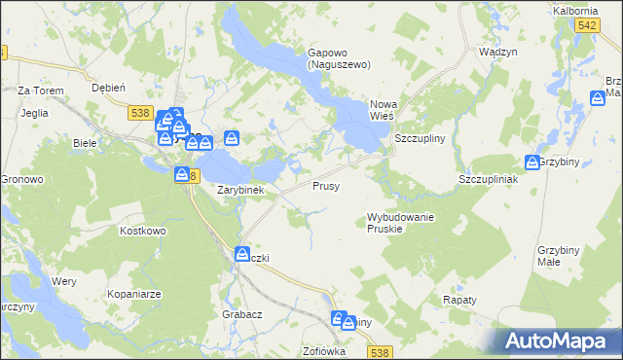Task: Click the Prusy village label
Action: [x=326, y=185]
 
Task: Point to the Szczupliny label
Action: [x=420, y=138]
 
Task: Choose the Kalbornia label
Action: [x=574, y=10]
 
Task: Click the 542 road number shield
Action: [x=586, y=29]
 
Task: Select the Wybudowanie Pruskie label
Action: [x=400, y=222]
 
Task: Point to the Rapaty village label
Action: [x=459, y=300]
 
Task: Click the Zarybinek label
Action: [x=240, y=190]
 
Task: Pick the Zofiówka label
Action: [x=324, y=351]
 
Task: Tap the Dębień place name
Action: [x=108, y=87]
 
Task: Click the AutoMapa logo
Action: [x=553, y=341]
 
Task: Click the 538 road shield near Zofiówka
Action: [x=381, y=352]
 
